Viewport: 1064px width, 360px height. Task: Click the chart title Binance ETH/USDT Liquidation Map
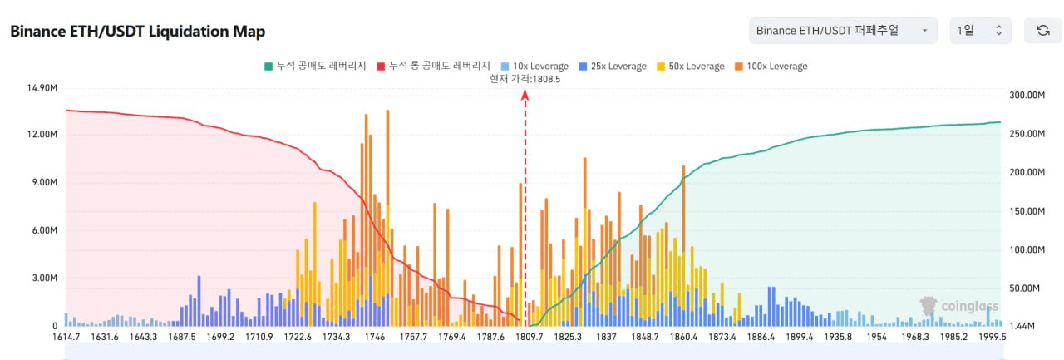[137, 32]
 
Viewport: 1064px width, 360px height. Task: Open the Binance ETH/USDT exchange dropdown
[842, 31]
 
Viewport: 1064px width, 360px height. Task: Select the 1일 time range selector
[980, 31]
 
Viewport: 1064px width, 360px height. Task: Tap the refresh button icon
[1042, 31]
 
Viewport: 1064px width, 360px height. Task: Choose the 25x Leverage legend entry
[613, 66]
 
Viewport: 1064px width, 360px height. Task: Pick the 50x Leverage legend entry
[689, 66]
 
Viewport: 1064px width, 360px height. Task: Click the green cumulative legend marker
[268, 66]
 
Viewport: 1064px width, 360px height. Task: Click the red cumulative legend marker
[382, 66]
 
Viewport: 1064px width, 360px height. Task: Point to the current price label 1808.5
[525, 79]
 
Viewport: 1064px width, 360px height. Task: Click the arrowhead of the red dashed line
[525, 94]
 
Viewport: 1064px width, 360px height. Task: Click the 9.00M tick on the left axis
[43, 183]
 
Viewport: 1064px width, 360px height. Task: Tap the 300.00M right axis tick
[1026, 96]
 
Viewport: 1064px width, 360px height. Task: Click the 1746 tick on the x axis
[374, 337]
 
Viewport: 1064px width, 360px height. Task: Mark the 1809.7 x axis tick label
[530, 337]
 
